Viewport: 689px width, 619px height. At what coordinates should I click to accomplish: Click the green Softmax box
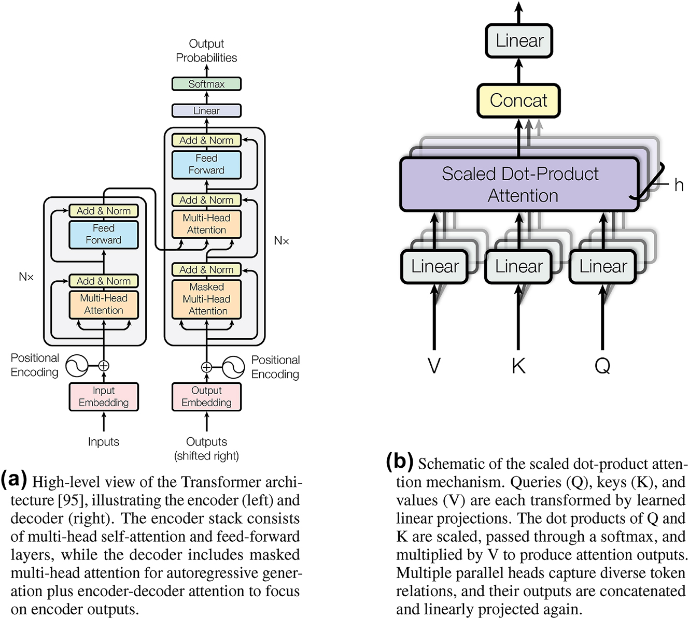(206, 84)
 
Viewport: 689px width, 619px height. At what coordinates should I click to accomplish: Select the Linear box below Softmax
(206, 110)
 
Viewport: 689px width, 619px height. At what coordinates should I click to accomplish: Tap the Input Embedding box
(104, 397)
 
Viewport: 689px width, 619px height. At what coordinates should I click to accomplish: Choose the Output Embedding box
(206, 397)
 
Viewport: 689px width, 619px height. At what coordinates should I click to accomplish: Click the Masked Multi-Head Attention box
(206, 299)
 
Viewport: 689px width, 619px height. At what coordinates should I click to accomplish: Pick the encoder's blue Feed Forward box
(104, 234)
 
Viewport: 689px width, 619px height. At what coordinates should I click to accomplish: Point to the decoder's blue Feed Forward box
(206, 164)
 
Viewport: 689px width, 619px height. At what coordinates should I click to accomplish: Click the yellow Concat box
(518, 100)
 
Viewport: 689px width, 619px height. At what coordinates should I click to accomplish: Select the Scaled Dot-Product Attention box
(519, 184)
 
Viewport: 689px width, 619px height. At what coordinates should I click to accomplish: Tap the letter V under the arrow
(434, 366)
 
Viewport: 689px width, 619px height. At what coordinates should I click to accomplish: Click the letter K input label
(518, 366)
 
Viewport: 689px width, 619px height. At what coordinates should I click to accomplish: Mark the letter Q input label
(602, 366)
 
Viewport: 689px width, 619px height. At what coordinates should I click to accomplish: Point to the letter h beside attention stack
(679, 185)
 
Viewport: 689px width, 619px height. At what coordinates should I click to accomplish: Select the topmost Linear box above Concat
(519, 40)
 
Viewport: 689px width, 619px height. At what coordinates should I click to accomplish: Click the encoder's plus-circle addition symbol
(104, 366)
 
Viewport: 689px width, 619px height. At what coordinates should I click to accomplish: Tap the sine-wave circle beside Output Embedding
(233, 367)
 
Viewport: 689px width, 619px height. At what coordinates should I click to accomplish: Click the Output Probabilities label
(206, 51)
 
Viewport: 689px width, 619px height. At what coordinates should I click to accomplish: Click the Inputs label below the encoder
(104, 442)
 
